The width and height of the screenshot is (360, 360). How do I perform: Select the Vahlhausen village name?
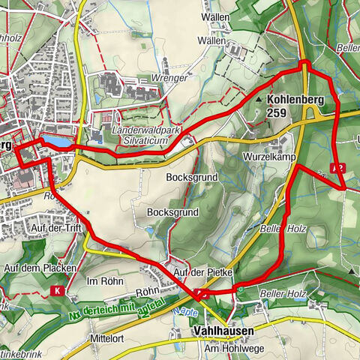coord(223,330)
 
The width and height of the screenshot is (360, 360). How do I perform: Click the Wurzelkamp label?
coord(268,158)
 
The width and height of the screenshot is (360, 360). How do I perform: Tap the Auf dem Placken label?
coord(31,268)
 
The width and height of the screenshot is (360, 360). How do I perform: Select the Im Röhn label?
coord(103,280)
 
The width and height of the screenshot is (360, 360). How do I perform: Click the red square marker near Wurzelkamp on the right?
coord(341,167)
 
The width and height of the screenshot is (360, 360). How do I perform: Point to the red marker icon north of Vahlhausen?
coord(199,294)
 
